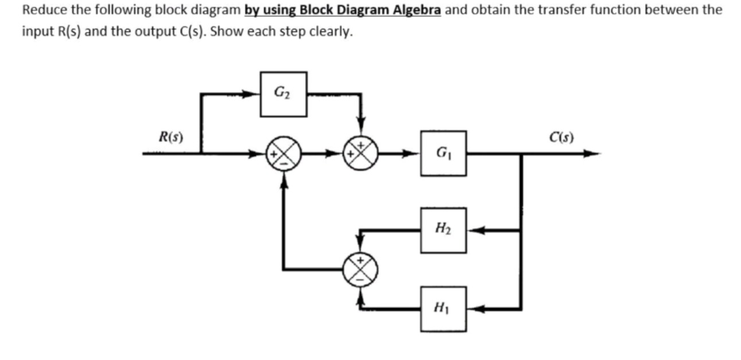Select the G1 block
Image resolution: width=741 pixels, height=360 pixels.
click(x=443, y=153)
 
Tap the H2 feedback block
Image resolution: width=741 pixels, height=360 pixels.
click(x=443, y=230)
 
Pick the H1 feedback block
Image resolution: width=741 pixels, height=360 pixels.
click(x=443, y=309)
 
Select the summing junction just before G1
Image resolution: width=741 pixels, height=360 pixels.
click(x=360, y=154)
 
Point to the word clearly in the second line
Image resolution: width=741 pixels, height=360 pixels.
click(x=333, y=31)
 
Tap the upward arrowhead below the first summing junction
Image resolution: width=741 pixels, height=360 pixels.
click(x=282, y=180)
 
